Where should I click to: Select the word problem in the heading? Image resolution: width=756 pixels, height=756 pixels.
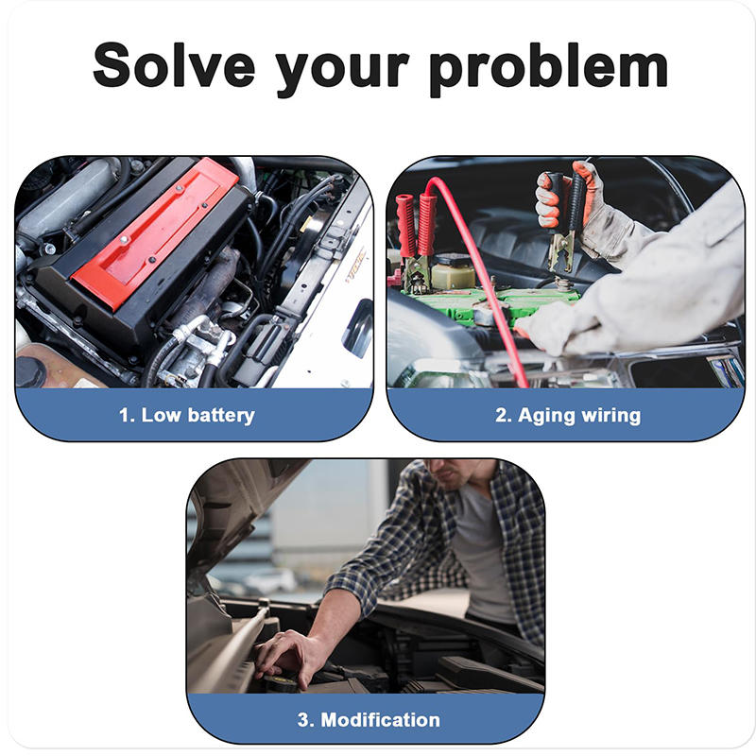(548, 66)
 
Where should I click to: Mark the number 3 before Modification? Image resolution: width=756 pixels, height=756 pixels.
(304, 720)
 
